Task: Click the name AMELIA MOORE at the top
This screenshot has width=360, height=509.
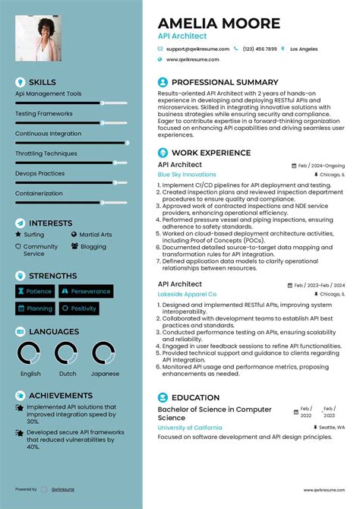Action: click(219, 23)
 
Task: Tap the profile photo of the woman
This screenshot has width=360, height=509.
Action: click(37, 39)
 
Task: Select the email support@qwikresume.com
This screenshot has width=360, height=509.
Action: click(195, 49)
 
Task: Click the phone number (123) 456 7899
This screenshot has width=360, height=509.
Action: click(261, 49)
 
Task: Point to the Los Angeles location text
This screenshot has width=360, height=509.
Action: click(304, 49)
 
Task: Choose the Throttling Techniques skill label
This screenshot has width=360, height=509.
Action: click(46, 153)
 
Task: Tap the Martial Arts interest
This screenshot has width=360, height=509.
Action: click(95, 236)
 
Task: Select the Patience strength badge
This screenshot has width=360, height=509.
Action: click(35, 291)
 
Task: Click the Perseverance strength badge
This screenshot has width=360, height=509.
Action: click(87, 291)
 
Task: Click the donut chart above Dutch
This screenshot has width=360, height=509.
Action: click(68, 353)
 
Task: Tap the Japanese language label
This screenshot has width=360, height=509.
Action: click(106, 374)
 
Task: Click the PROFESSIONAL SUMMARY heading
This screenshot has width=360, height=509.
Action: click(225, 82)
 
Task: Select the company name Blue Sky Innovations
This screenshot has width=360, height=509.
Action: click(187, 175)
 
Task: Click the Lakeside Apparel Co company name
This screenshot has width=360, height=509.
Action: click(187, 294)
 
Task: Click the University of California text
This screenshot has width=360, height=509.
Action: click(190, 428)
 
